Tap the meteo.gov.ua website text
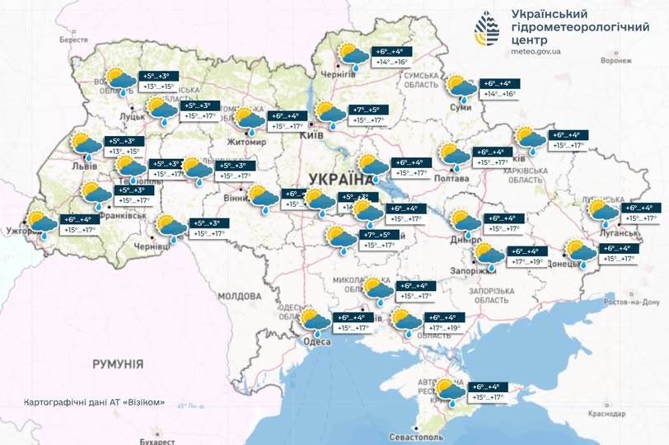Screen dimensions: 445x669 pyautogui.click(x=536, y=51)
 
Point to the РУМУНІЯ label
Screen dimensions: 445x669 pyautogui.click(x=118, y=363)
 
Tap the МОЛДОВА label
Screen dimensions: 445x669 pyautogui.click(x=240, y=295)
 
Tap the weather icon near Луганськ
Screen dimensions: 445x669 pyautogui.click(x=603, y=212)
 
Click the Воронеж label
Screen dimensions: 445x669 pyautogui.click(x=615, y=60)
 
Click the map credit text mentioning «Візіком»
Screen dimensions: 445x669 pyautogui.click(x=95, y=403)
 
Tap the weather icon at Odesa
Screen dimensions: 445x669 pyautogui.click(x=314, y=321)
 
